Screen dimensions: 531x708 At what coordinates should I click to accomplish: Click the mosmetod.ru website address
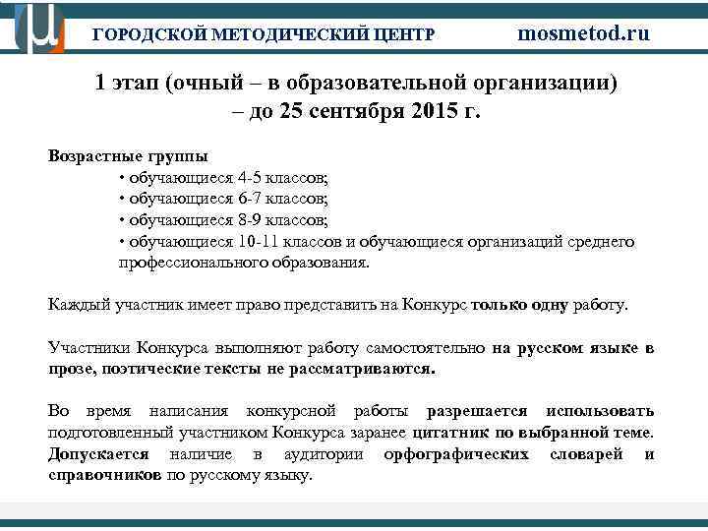pos(584,33)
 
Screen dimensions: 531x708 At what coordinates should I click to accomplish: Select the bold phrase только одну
pos(519,305)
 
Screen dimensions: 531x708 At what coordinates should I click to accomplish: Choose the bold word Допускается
pos(98,454)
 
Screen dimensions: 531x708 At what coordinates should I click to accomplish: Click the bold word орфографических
pos(455,454)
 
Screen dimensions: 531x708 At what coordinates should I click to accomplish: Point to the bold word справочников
pos(105,475)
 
